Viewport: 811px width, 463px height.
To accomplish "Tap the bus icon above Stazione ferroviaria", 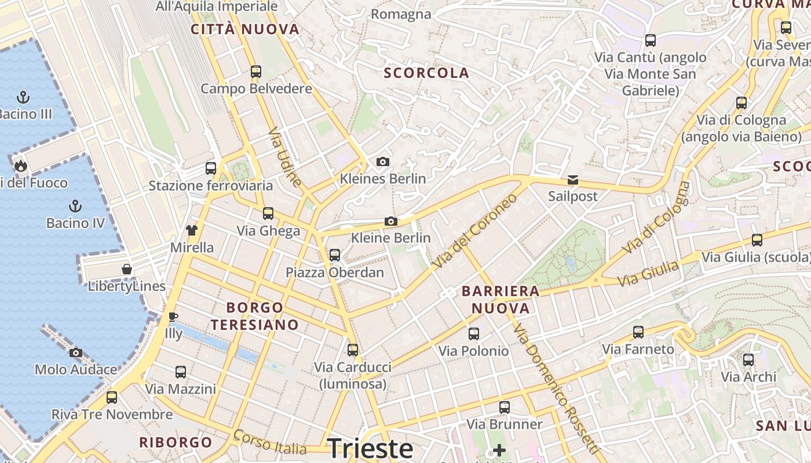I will tap(211, 168).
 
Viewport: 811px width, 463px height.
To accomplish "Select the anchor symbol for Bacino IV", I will tap(75, 205).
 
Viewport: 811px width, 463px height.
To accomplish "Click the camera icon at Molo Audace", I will tap(76, 352).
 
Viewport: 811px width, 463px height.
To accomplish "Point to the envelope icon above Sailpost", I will tap(572, 179).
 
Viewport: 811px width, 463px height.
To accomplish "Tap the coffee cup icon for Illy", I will tap(173, 317).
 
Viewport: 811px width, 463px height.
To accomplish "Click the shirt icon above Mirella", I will tap(192, 230).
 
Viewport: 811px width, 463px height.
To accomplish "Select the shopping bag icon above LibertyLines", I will tap(127, 269).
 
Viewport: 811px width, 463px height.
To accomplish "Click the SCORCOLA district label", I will tap(426, 73).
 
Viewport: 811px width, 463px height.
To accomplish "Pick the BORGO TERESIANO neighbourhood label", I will tap(255, 316).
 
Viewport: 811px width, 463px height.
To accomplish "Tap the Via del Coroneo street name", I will tap(474, 231).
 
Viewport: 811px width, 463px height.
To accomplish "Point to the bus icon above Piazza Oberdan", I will tap(334, 255).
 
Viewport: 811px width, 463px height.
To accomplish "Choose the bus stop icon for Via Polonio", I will tap(473, 333).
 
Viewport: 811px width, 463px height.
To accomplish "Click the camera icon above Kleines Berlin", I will tap(382, 161).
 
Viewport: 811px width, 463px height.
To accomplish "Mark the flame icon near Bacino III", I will tap(21, 166).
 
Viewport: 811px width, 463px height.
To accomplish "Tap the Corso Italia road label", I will tap(269, 442).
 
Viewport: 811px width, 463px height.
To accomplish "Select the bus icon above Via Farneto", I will tap(638, 332).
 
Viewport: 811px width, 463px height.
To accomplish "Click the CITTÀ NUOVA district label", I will tap(245, 30).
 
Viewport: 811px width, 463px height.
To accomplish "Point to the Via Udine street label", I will tap(286, 157).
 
